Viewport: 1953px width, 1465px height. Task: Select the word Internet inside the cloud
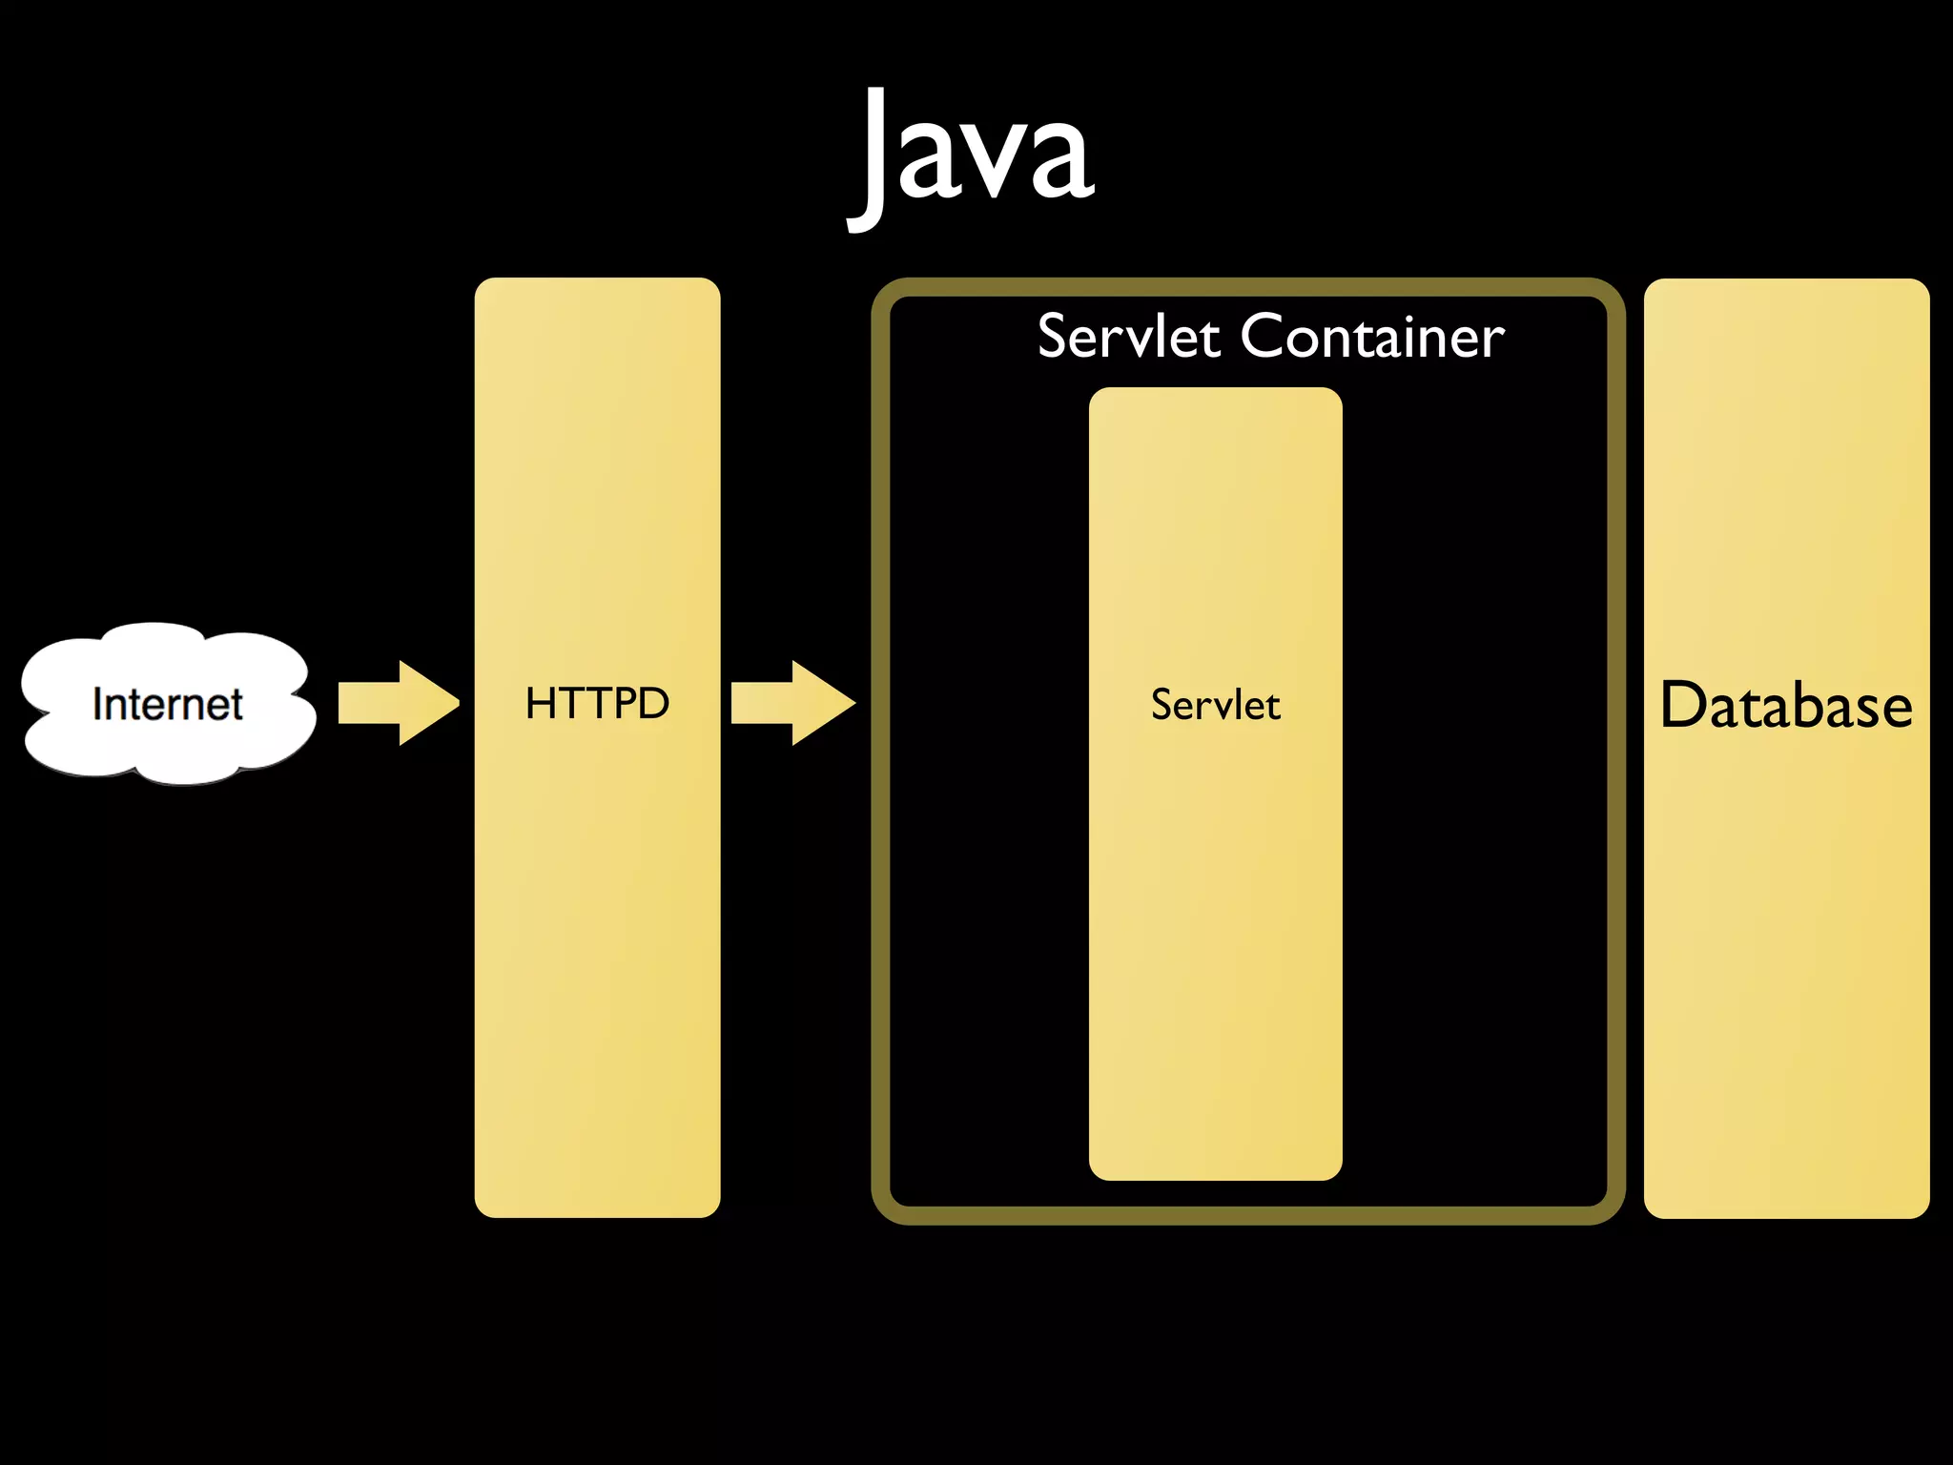point(167,704)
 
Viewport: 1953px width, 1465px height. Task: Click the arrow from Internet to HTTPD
point(396,703)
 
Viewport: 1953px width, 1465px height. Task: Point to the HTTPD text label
point(597,704)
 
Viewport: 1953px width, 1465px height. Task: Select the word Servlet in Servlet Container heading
point(1128,337)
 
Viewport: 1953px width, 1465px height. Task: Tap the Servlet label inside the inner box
point(1215,705)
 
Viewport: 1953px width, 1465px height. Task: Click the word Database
point(1786,706)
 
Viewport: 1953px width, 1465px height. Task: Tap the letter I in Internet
point(97,704)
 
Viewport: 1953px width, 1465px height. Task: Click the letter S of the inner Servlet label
point(1162,705)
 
